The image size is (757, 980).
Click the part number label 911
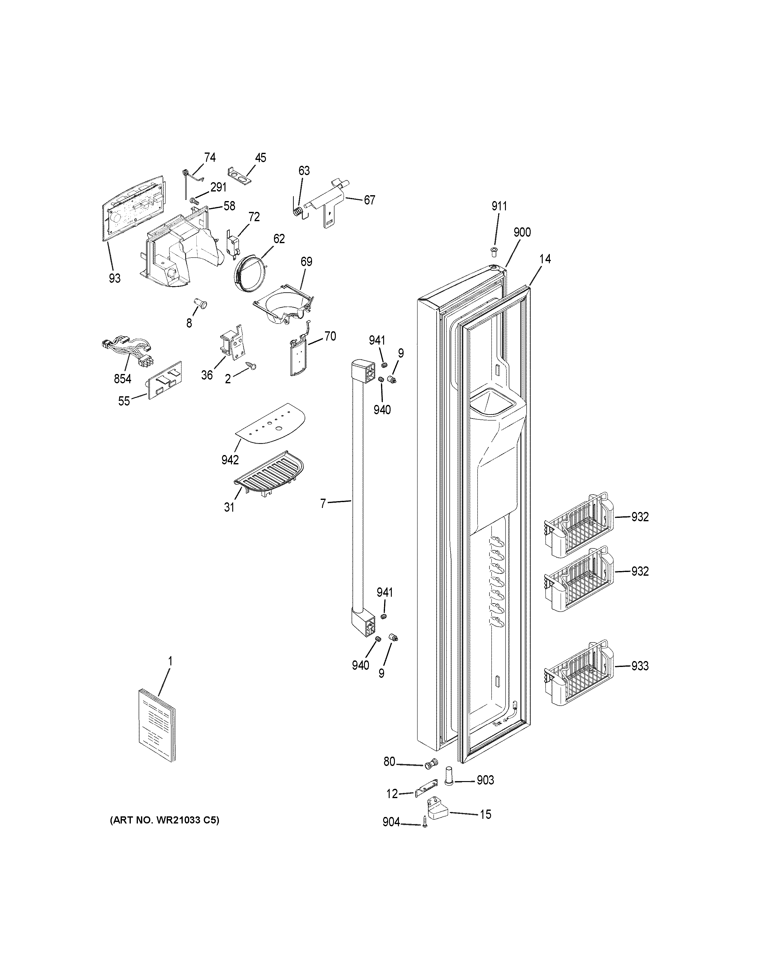pyautogui.click(x=499, y=206)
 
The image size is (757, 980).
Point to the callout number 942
pyautogui.click(x=230, y=459)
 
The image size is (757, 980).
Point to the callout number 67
pyautogui.click(x=369, y=200)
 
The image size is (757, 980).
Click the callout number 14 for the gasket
pyautogui.click(x=545, y=259)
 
